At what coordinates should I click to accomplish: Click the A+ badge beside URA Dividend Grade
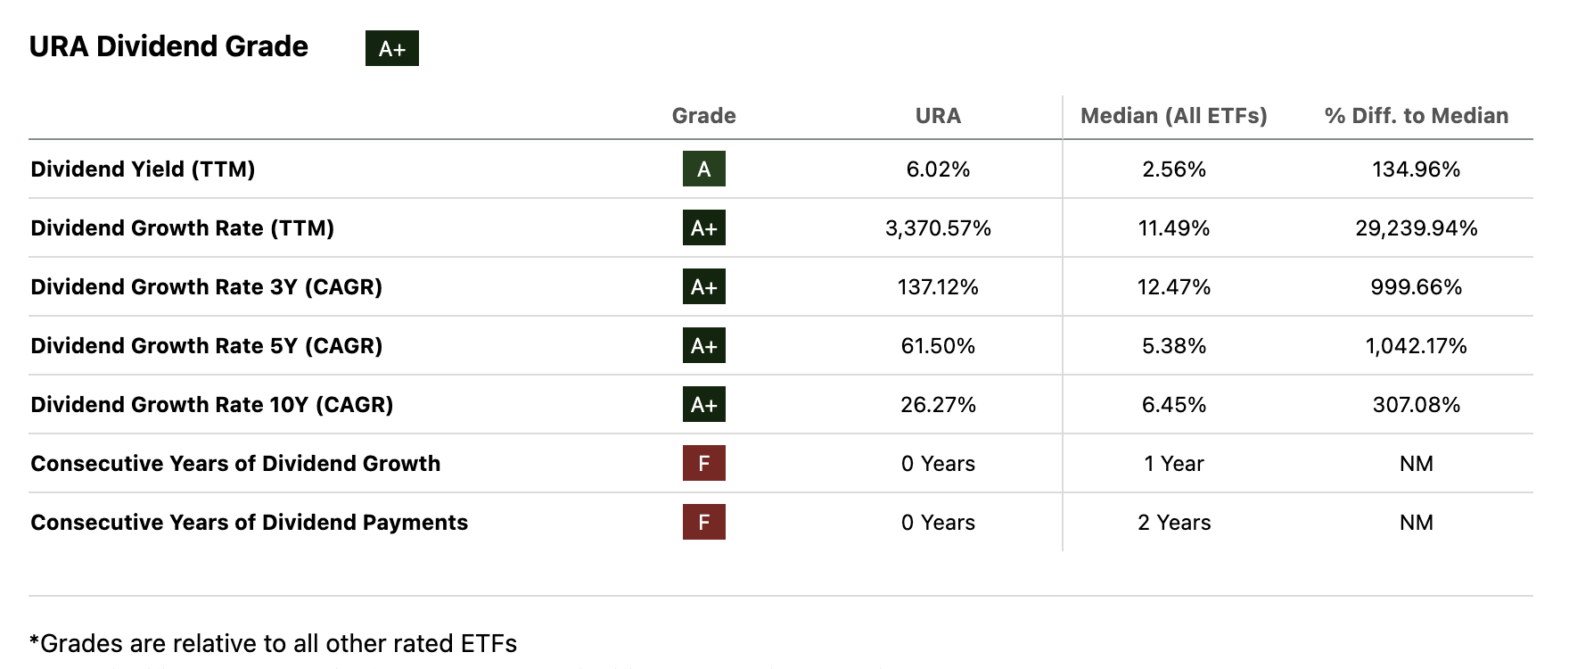(391, 48)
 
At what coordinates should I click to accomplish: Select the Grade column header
(703, 116)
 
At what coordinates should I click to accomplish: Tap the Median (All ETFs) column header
(1173, 116)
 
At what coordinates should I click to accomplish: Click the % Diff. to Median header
(1416, 116)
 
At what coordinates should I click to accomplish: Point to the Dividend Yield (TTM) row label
(143, 169)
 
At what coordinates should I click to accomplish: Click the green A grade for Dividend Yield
(703, 169)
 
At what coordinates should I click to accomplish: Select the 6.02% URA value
(938, 169)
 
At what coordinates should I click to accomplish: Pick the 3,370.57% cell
(938, 228)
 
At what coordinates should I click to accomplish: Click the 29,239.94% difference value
(1416, 228)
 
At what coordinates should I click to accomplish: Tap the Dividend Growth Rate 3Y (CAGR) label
(206, 287)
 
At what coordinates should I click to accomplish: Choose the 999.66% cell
(1416, 287)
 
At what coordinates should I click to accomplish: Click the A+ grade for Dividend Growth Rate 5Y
(703, 345)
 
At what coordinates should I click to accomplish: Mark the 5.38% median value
(1173, 346)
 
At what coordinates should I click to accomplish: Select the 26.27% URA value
(938, 405)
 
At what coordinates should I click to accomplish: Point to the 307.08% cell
(1416, 405)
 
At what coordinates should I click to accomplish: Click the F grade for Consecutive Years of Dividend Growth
(703, 463)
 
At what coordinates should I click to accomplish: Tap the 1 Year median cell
(1173, 464)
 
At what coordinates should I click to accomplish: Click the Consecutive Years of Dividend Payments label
(249, 523)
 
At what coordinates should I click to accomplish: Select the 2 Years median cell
(1173, 523)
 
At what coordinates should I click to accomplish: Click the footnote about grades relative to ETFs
(273, 644)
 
